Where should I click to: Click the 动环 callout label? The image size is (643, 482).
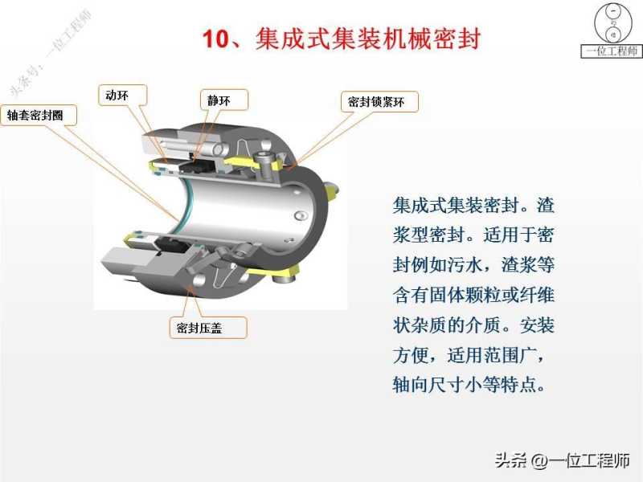coord(123,95)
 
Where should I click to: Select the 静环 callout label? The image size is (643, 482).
coord(224,100)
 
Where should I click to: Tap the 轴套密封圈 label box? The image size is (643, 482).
coord(39,115)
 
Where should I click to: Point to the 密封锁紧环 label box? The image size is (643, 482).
coord(379,102)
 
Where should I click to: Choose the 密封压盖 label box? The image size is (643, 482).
coord(208,328)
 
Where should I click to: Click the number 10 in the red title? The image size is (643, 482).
coord(215,39)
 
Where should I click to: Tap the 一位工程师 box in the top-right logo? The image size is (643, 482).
coord(612,51)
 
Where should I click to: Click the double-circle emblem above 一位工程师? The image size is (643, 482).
coord(613,22)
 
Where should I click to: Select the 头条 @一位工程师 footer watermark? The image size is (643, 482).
coord(563,460)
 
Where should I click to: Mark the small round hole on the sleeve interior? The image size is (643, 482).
coord(300,214)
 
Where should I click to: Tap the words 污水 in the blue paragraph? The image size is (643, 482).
coord(465,264)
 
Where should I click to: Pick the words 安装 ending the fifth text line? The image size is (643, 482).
coord(537,325)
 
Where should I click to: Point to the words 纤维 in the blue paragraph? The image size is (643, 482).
coord(537,295)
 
